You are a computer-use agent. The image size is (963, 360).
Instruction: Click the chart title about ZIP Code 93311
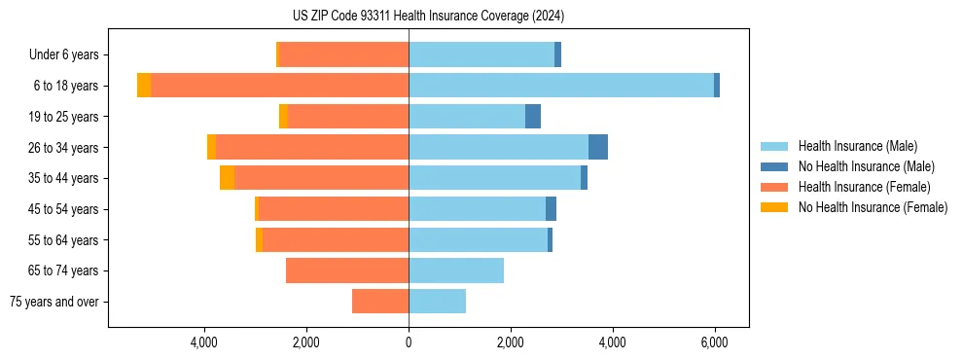pyautogui.click(x=428, y=17)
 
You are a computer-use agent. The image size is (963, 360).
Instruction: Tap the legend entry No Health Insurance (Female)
pyautogui.click(x=873, y=207)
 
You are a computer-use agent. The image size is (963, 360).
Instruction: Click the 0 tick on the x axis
pyautogui.click(x=409, y=342)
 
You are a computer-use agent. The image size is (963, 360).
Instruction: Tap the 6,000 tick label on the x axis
pyautogui.click(x=715, y=342)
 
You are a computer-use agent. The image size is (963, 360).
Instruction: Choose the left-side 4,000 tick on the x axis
pyautogui.click(x=204, y=342)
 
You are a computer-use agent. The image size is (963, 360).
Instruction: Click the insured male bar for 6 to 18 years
pyautogui.click(x=561, y=86)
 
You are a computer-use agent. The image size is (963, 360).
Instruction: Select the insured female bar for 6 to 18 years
pyautogui.click(x=280, y=86)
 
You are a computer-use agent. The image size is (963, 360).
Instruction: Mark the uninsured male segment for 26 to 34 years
pyautogui.click(x=598, y=147)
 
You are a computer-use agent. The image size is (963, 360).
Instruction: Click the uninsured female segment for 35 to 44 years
pyautogui.click(x=227, y=178)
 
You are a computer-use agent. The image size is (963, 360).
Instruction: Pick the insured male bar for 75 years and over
pyautogui.click(x=437, y=302)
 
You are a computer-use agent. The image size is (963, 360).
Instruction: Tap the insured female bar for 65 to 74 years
pyautogui.click(x=347, y=270)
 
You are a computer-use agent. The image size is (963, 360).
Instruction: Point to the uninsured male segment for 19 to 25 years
pyautogui.click(x=533, y=117)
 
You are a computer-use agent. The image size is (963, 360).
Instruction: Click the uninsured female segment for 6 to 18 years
pyautogui.click(x=144, y=86)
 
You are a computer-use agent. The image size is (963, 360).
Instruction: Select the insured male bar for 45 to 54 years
pyautogui.click(x=477, y=209)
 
